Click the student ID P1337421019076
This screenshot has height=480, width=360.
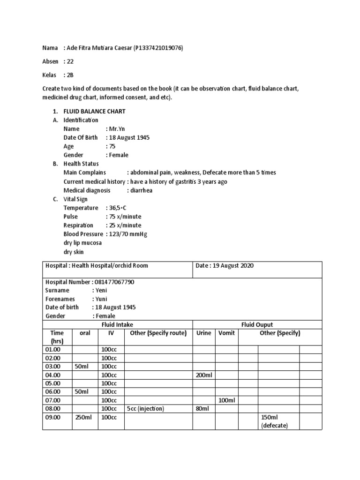pos(158,48)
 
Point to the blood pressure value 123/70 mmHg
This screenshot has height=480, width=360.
pos(128,234)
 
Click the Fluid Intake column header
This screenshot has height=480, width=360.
pos(117,324)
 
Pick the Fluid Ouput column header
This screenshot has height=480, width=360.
pos(257,324)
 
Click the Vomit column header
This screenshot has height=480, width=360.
pos(227,333)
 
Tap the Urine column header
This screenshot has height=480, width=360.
pos(203,333)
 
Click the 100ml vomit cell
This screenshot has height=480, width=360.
pos(227,400)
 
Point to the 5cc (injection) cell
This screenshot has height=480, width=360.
pos(145,409)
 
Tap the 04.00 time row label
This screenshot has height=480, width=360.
pos(53,375)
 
